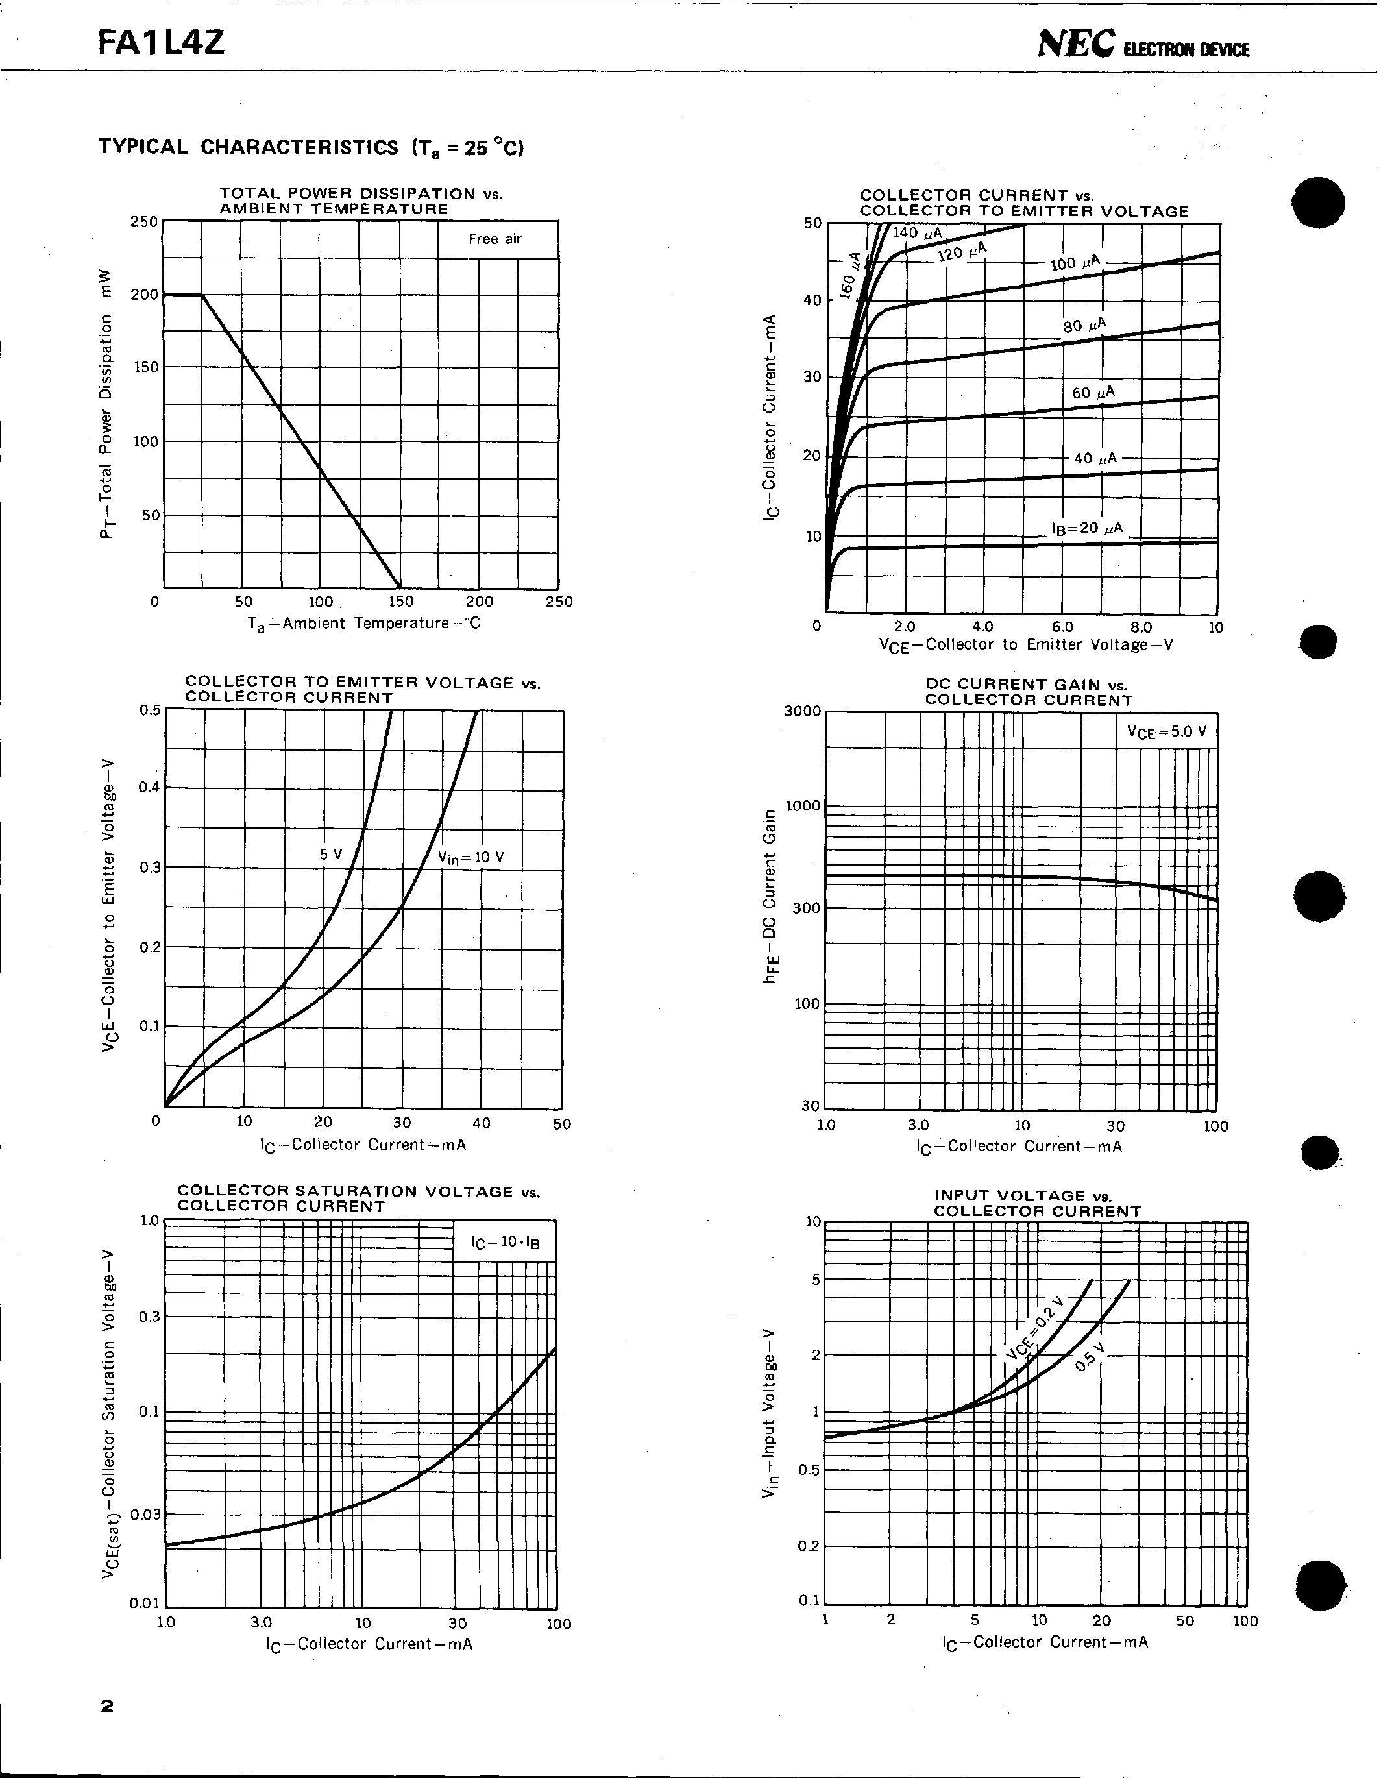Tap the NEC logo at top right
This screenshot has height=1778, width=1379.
(x=1075, y=45)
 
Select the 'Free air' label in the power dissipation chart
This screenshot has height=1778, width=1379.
(x=494, y=239)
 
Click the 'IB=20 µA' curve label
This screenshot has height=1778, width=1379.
(x=1087, y=528)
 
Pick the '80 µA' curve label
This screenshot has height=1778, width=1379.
(x=1084, y=326)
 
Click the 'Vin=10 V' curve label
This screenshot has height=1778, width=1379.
(x=470, y=857)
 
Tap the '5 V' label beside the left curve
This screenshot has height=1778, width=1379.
(x=330, y=854)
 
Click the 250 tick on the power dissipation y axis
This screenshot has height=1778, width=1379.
(x=144, y=221)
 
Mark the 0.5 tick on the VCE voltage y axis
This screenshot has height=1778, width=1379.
(x=150, y=709)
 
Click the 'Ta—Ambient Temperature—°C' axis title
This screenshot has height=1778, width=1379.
(x=364, y=624)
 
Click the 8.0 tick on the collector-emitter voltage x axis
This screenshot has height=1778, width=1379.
(x=1141, y=627)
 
